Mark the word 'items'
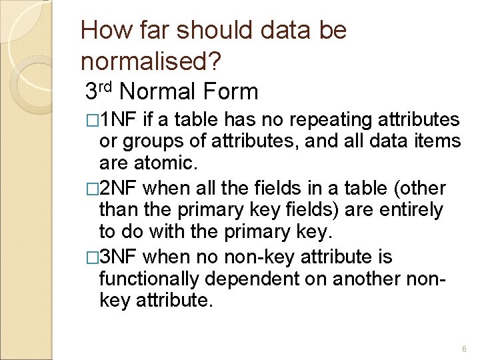pyautogui.click(x=437, y=141)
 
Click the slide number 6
pyautogui.click(x=464, y=349)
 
